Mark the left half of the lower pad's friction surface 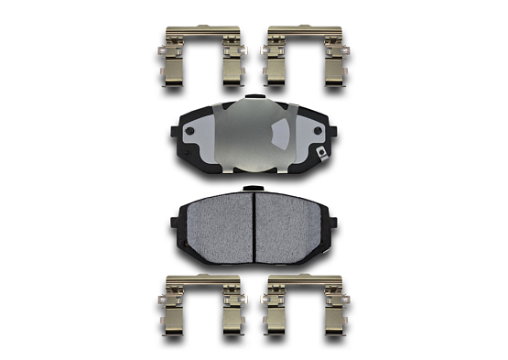[215, 224]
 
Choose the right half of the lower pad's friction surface [293, 224]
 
